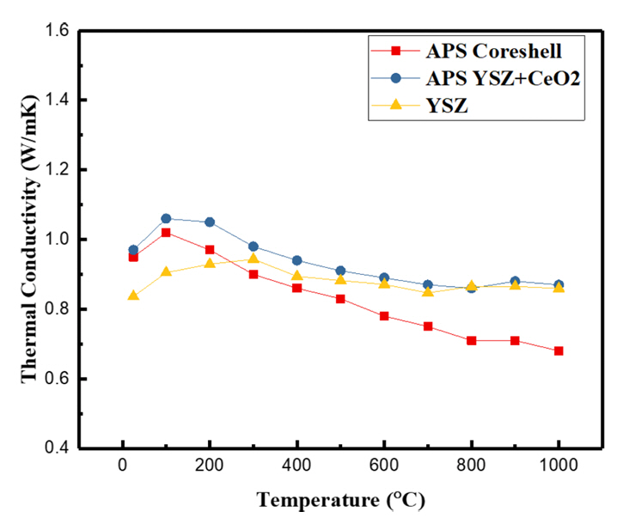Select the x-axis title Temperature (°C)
(340, 499)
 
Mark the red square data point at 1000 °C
(559, 350)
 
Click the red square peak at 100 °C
(166, 232)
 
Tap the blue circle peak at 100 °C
(166, 218)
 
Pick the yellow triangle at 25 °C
(133, 296)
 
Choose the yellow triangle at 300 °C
(253, 258)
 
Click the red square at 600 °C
(384, 316)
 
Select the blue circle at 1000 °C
(559, 284)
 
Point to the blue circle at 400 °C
(297, 260)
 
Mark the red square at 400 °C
(297, 288)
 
